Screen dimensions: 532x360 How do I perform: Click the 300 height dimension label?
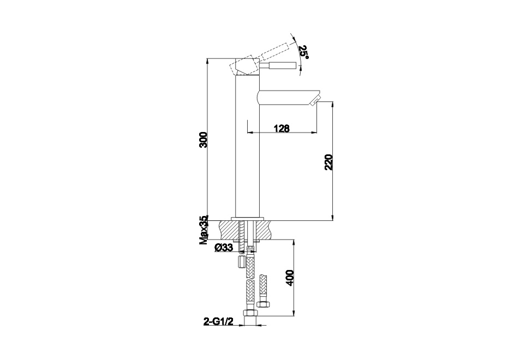tap(203, 139)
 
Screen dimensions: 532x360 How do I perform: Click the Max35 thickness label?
tap(204, 230)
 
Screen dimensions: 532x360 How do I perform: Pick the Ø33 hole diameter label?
tap(224, 248)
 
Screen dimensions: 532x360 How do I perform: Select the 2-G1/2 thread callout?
tap(218, 321)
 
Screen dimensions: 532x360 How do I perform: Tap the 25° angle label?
tap(303, 52)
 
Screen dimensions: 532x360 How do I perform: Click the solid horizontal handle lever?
tap(278, 65)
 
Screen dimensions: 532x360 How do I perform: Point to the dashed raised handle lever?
tap(274, 51)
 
